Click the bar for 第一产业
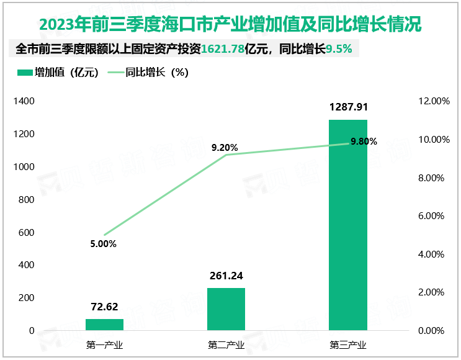[104, 325]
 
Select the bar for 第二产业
[226, 309]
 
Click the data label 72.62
[104, 307]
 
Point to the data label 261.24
[226, 276]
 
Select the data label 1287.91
[347, 107]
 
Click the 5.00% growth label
[103, 244]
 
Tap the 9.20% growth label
[225, 148]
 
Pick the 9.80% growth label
[364, 142]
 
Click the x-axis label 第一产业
[104, 346]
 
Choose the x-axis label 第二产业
[226, 346]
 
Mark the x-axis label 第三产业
[347, 346]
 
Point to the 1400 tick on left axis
[23, 101]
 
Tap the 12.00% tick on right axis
[433, 101]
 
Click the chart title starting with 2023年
[230, 25]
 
